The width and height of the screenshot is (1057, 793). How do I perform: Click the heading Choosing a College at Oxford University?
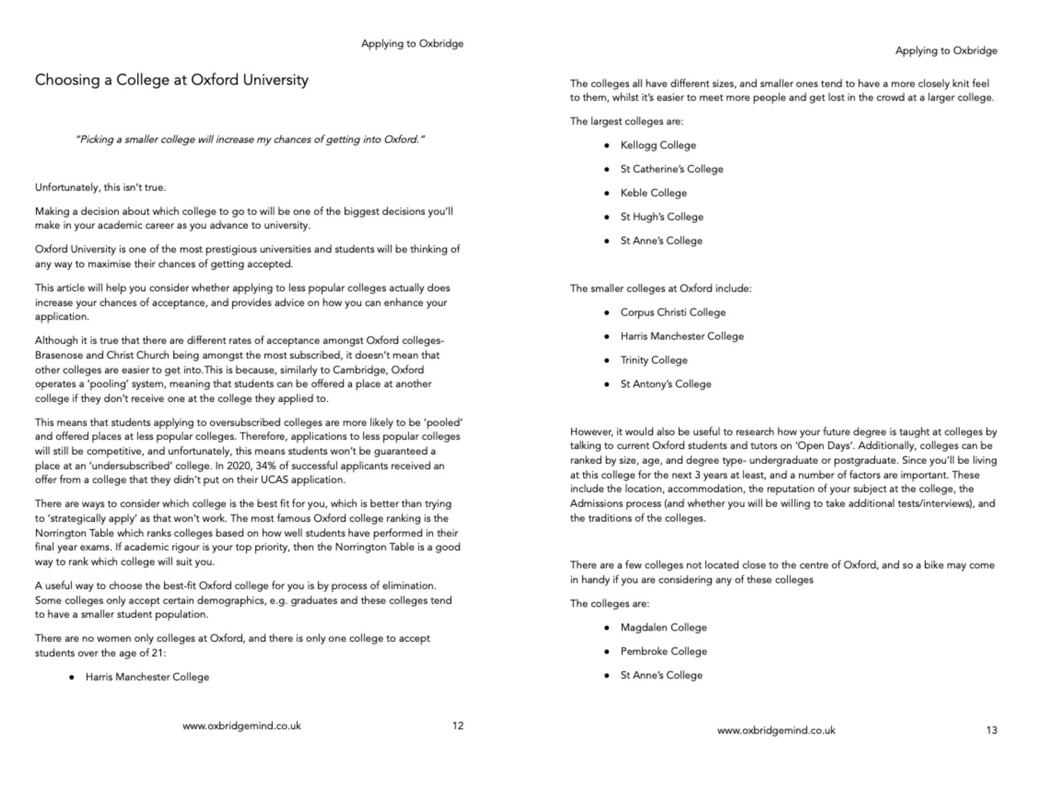click(x=172, y=80)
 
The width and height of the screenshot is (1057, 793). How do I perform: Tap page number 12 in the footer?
click(x=458, y=726)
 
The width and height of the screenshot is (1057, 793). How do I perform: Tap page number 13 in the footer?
click(x=992, y=730)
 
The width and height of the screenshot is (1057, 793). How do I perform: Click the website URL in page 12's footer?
click(x=242, y=726)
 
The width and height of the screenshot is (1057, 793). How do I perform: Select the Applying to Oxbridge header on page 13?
click(x=946, y=51)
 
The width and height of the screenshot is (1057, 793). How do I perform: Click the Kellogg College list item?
click(x=658, y=145)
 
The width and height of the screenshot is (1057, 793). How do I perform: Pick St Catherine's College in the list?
click(x=671, y=169)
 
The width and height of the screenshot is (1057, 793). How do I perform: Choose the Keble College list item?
click(x=653, y=193)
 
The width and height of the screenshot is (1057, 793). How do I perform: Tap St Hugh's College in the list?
click(x=662, y=217)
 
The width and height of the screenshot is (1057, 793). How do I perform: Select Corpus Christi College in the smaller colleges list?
click(x=672, y=312)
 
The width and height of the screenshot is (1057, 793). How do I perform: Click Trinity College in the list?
click(x=654, y=360)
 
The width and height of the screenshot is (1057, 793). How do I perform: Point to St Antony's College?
click(x=666, y=384)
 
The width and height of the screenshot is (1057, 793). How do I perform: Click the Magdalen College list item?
click(x=663, y=627)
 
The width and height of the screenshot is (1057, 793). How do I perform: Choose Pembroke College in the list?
click(x=663, y=651)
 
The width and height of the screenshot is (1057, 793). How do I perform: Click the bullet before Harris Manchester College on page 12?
click(x=72, y=677)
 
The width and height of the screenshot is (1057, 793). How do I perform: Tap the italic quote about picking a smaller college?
click(x=250, y=140)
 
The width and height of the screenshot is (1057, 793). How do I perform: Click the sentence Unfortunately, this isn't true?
click(x=101, y=188)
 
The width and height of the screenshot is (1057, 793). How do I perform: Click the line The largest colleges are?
click(x=626, y=121)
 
